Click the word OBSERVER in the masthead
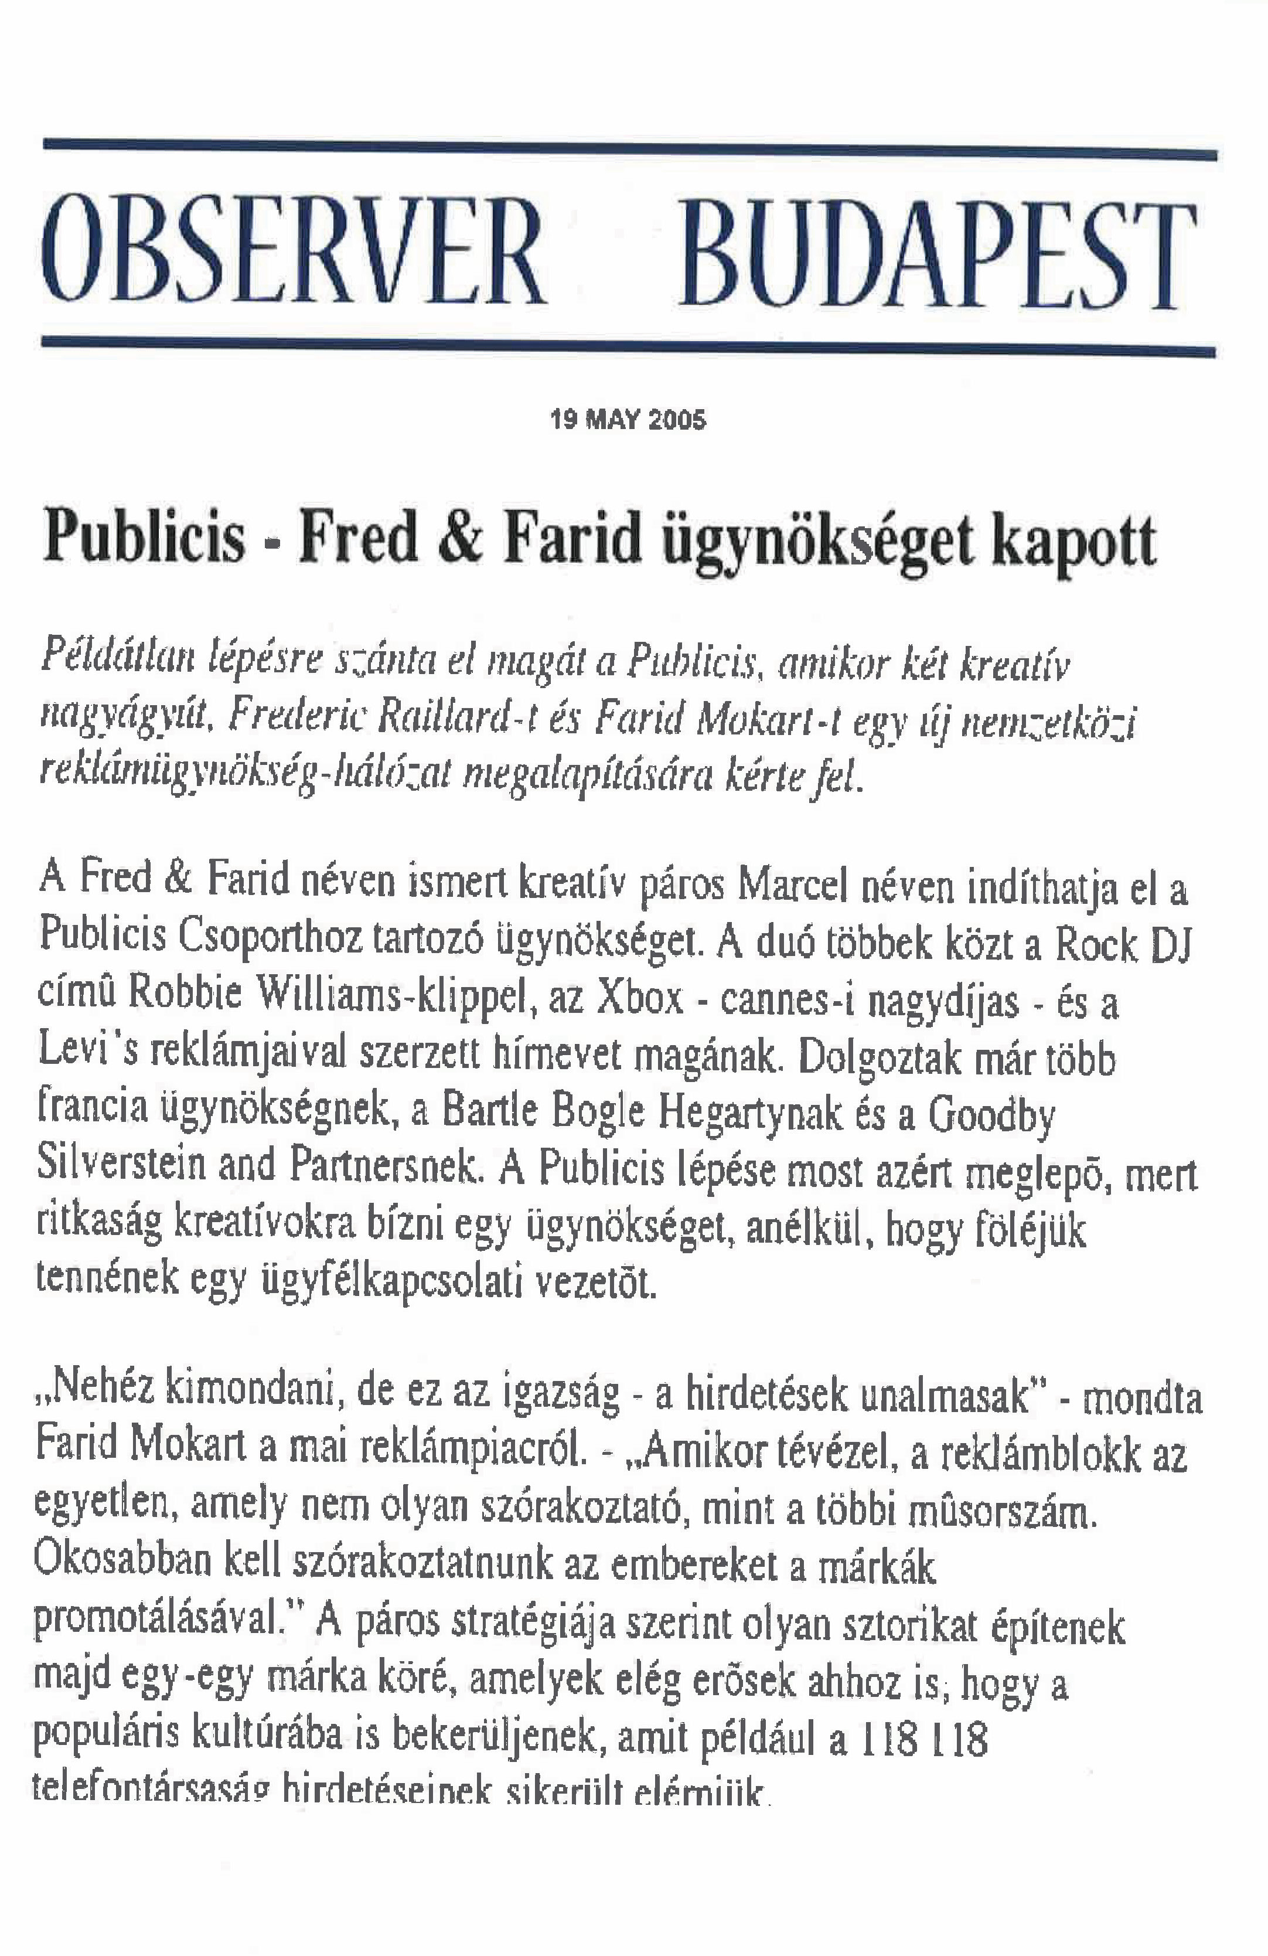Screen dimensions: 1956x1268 (x=294, y=251)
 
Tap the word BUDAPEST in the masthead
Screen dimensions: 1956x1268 (x=937, y=256)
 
